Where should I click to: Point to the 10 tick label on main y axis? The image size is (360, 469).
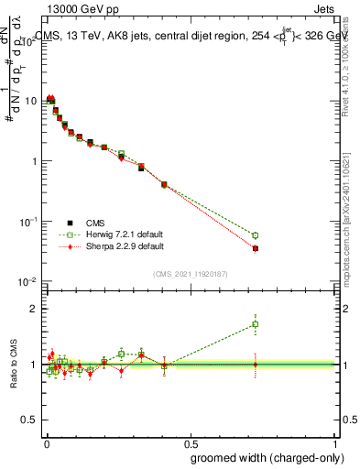(30, 101)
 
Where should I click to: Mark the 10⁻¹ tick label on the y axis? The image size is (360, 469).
(28, 221)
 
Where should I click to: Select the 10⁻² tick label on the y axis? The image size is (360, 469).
(28, 281)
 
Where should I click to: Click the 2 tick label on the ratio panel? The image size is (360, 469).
(35, 309)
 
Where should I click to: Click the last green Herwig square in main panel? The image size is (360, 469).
(256, 235)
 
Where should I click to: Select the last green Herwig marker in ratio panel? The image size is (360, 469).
(256, 323)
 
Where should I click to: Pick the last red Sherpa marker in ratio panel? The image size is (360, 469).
(256, 365)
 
